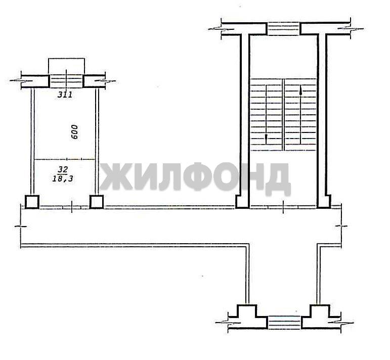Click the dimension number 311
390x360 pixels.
tap(65, 95)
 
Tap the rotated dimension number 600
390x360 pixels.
tap(74, 132)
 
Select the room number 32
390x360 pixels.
tap(63, 170)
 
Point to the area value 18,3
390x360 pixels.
tap(63, 178)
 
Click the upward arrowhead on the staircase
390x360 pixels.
tap(300, 91)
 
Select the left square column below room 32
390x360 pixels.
tap(32, 202)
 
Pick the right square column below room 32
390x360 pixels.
tap(97, 202)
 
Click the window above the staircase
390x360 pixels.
tap(283, 29)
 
